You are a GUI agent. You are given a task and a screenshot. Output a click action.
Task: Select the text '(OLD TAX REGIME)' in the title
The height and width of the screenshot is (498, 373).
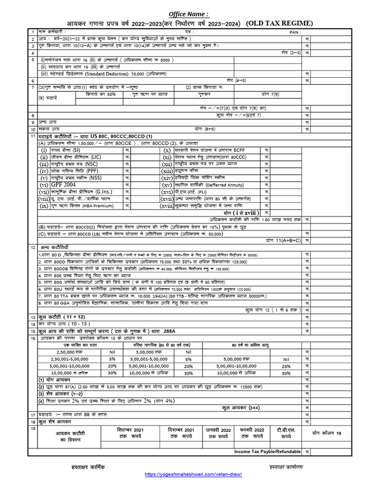pyautogui.click(x=279, y=23)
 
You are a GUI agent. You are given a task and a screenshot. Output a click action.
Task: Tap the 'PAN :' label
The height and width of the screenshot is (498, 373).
pyautogui.click(x=294, y=32)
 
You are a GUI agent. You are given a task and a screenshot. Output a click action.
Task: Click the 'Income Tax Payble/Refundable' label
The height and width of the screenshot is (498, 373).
pyautogui.click(x=267, y=452)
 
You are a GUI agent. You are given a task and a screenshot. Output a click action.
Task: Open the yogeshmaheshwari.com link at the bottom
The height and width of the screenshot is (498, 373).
pyautogui.click(x=193, y=474)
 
